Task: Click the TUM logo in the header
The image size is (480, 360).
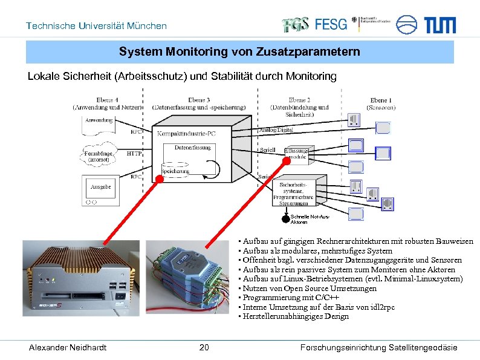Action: coord(439,25)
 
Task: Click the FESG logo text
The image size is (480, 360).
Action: coord(331,24)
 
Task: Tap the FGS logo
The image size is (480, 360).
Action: coord(296,24)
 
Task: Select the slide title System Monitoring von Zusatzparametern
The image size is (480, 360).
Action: coord(239,52)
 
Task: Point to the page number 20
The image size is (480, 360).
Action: coord(204,347)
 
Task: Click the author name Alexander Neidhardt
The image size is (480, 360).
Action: coord(68,347)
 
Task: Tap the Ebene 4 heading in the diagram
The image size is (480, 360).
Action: coord(107,103)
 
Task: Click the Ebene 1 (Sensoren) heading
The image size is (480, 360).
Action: coord(380,103)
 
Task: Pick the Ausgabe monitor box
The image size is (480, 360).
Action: coord(100,189)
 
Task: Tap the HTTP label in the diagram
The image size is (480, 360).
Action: coord(134,154)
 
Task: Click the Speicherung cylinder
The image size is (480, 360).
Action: coord(175,169)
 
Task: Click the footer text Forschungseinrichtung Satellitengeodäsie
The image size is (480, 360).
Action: coord(378,347)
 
